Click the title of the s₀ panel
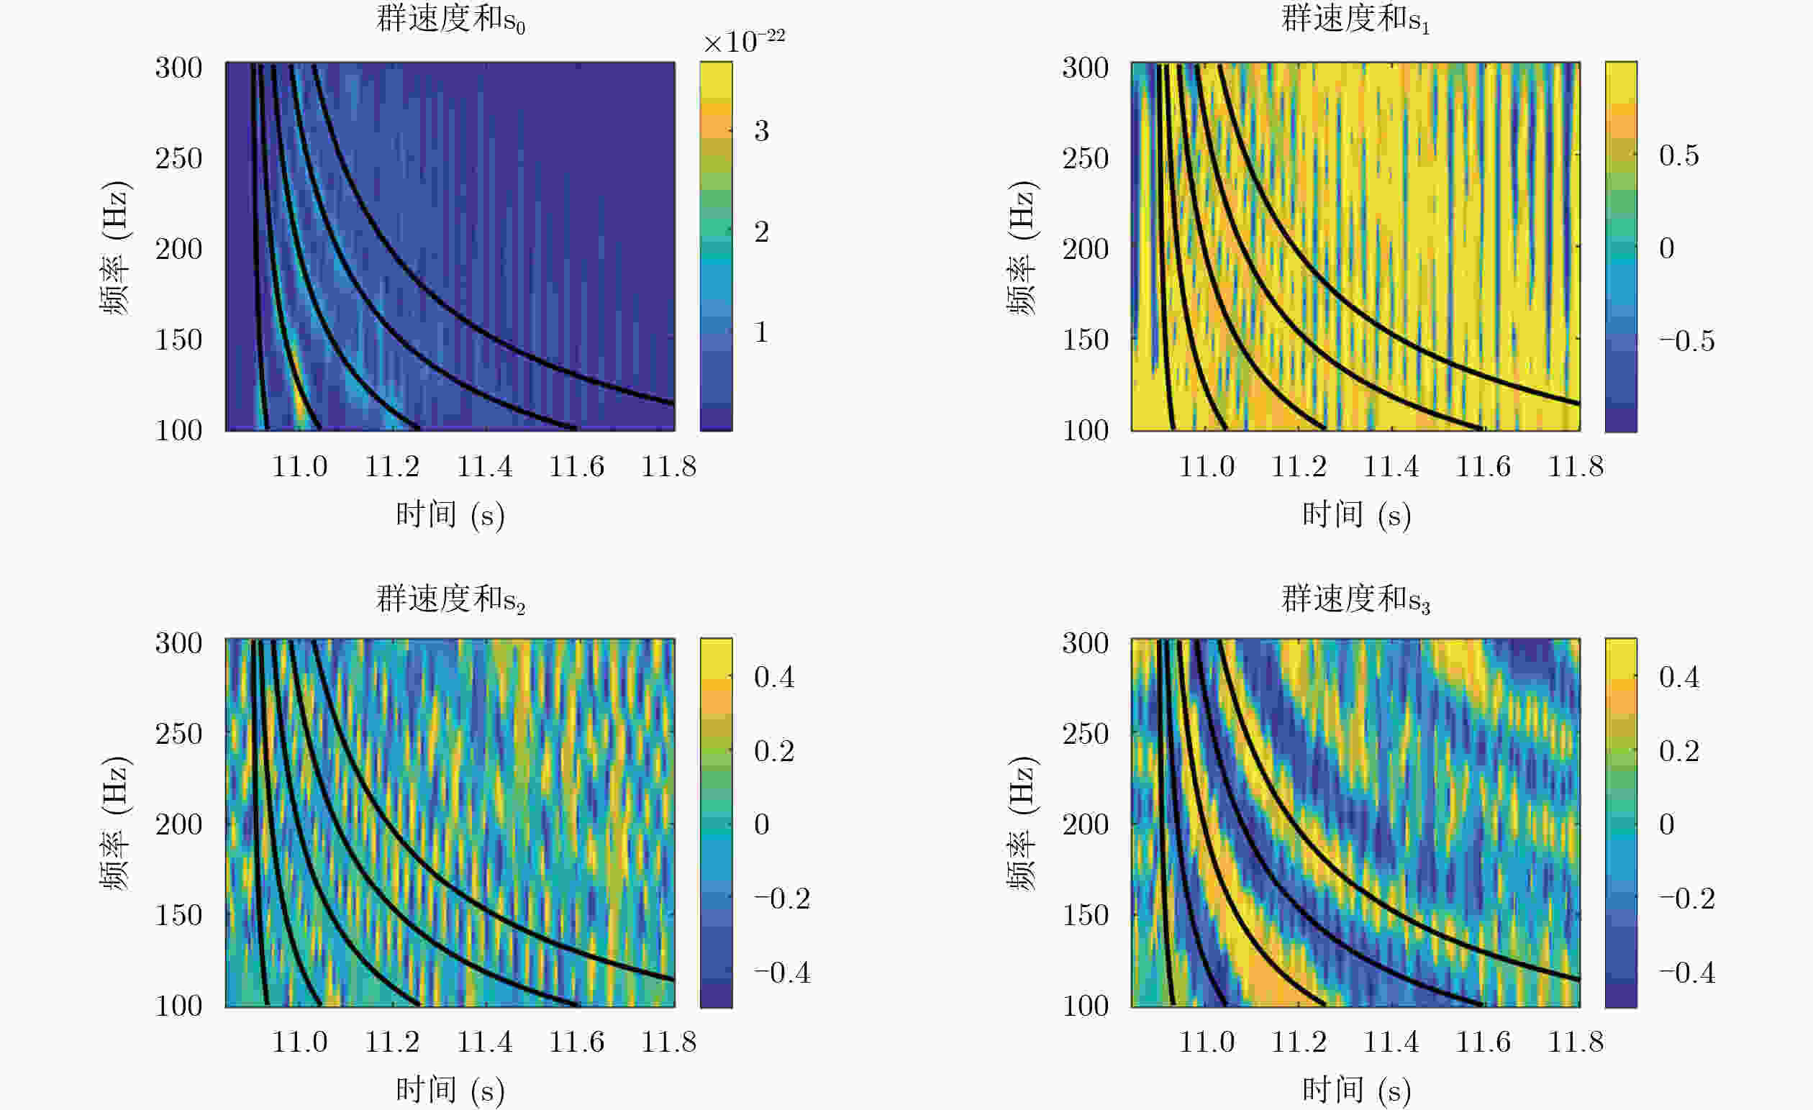tap(450, 19)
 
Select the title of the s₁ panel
tap(1355, 19)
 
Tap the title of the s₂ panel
tap(450, 599)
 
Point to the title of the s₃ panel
tap(1355, 599)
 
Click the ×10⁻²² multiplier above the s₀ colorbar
tap(744, 41)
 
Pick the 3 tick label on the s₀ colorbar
tap(762, 131)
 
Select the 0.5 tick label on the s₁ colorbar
tap(1679, 155)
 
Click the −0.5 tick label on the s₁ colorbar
tap(1686, 341)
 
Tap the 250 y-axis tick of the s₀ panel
tap(178, 158)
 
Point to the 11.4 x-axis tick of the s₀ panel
tap(484, 466)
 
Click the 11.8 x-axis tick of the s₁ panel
tap(1576, 466)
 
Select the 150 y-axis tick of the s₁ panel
tap(1086, 339)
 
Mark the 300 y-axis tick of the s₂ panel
tap(178, 643)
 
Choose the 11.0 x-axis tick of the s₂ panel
tap(299, 1042)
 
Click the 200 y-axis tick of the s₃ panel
tap(1086, 824)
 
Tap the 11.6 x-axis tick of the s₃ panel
tap(1483, 1042)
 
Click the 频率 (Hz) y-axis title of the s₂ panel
tap(115, 823)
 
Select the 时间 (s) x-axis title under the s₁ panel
tap(1356, 514)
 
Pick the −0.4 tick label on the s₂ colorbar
tap(781, 973)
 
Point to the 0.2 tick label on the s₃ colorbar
tap(1679, 751)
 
